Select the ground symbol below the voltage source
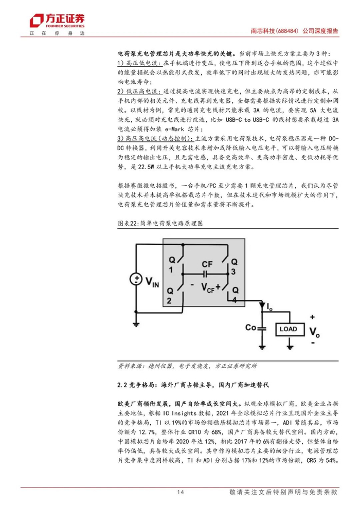click(x=136, y=323)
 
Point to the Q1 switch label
click(x=172, y=266)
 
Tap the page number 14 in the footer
click(x=180, y=492)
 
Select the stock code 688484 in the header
click(x=282, y=31)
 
